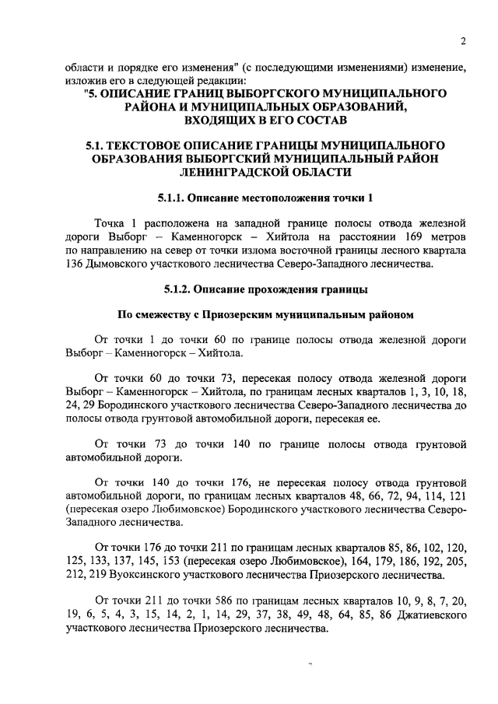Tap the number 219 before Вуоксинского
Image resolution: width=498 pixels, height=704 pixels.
coord(94,576)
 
